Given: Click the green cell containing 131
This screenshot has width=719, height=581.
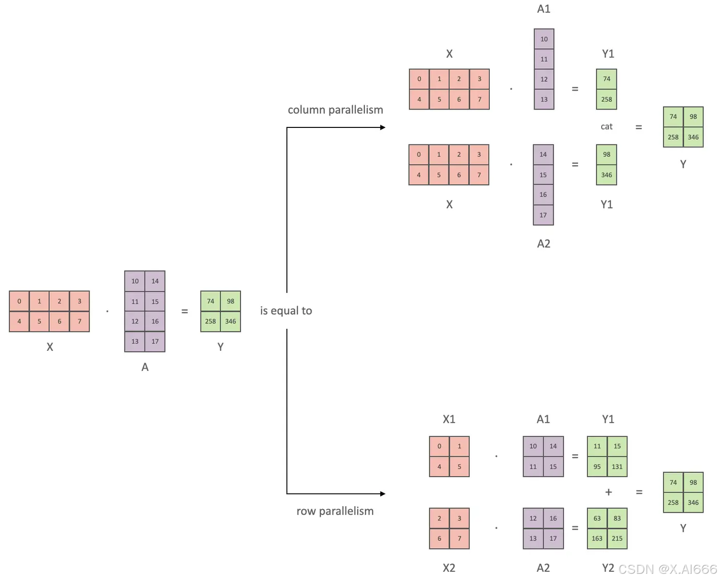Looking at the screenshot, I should pos(617,466).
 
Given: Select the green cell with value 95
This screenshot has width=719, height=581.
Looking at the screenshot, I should pos(597,466).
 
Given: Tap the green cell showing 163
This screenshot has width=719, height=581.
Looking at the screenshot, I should pos(597,538).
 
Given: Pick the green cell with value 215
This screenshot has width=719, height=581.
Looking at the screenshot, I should pos(617,538).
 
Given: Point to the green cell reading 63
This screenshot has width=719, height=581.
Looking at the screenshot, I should pos(597,518).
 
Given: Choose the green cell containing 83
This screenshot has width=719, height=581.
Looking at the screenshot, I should pos(617,518).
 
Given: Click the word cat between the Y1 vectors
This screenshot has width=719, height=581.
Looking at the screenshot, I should pos(606,126).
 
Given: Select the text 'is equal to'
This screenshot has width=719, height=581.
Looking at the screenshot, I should pos(286,311).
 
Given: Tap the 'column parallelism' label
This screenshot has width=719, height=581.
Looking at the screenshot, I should pos(335,110).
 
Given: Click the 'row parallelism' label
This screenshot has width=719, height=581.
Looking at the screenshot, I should pos(335,511).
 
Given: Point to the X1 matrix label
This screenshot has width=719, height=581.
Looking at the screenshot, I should pos(449,419).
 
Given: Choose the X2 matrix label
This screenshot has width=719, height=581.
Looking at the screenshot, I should pos(449,568).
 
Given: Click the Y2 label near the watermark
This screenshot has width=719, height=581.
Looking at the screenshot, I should pos(607,568).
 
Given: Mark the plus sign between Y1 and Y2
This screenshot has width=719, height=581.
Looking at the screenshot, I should pos(609,492).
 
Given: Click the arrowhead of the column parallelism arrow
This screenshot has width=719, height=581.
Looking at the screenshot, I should pos(382,127).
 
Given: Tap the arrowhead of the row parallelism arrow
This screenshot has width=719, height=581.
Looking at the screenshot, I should pos(382,494).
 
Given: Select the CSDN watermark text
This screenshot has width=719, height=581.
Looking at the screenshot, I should pos(667,569).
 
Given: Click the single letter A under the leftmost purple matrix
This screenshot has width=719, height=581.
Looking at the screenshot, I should pos(145,367).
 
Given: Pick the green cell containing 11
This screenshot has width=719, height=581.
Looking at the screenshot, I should pos(597,446).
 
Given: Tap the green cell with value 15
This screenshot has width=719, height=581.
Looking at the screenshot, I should pos(617,446).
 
